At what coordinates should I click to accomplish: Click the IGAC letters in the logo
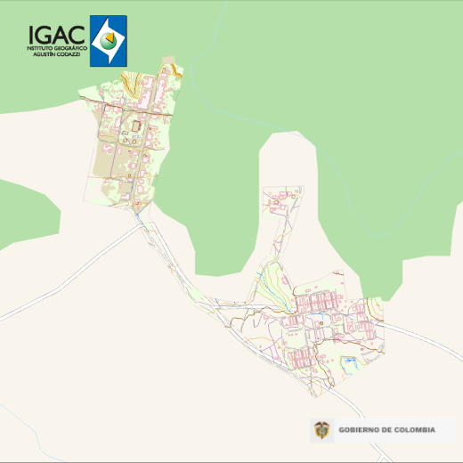point(57,35)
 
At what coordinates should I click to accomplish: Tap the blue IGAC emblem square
point(109,40)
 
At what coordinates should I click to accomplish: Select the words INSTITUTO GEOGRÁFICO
point(57,47)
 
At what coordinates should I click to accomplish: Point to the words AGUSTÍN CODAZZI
point(57,54)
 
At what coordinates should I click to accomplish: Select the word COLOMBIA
point(414,431)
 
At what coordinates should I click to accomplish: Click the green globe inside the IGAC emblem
point(109,40)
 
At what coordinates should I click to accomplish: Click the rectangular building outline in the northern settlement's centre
point(135,127)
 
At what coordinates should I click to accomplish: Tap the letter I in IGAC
point(32,35)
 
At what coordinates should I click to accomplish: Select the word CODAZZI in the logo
point(70,54)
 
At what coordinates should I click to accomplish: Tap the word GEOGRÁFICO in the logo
point(69,47)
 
